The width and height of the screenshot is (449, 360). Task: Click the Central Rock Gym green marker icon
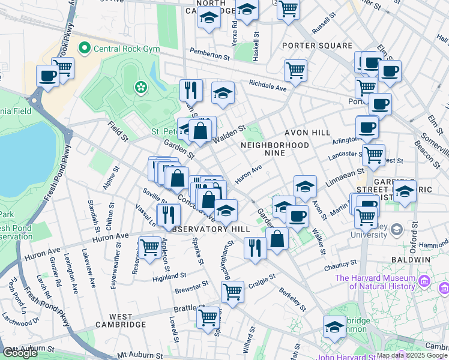coord(86,47)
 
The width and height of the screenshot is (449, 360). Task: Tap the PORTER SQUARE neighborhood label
coord(318,46)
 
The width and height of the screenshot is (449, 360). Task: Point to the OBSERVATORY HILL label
coord(200,229)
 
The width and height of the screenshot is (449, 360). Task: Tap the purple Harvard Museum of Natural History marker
coord(424,280)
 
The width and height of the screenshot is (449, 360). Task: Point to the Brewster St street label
coord(191,286)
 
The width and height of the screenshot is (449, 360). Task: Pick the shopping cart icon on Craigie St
coord(232,292)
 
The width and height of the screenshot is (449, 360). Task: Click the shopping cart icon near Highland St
coord(149,247)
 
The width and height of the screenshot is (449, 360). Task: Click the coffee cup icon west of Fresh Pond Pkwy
coord(47,76)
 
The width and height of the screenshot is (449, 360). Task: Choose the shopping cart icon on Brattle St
coord(208,317)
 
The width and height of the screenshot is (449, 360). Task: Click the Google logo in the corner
coord(20,353)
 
